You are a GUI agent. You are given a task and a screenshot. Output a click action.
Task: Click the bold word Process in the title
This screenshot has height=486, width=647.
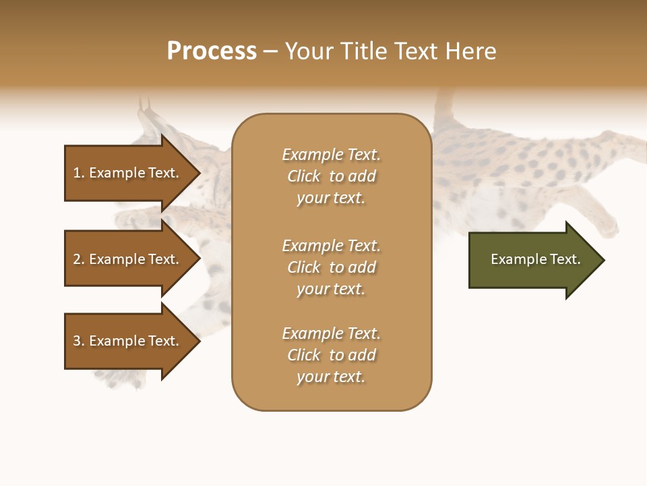212,51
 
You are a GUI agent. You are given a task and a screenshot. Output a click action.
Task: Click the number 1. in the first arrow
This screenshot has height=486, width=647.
79,173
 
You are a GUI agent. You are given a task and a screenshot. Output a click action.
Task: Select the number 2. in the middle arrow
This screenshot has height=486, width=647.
79,259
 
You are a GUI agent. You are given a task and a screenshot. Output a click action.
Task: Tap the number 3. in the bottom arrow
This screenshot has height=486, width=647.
79,341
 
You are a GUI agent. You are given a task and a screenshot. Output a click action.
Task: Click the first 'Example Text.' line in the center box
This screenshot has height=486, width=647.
331,155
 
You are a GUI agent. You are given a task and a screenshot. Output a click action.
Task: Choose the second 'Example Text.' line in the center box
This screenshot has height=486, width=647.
331,246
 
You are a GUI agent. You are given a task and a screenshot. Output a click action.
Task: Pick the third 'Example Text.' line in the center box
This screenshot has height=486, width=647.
331,333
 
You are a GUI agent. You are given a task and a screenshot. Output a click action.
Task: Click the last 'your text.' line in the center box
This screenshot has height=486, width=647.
331,377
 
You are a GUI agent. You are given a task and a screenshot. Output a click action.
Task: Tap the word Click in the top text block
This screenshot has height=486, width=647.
304,176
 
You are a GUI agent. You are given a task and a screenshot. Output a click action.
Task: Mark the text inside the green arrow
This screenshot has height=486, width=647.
535,259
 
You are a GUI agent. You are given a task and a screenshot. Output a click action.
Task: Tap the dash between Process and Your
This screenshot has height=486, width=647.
270,51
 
